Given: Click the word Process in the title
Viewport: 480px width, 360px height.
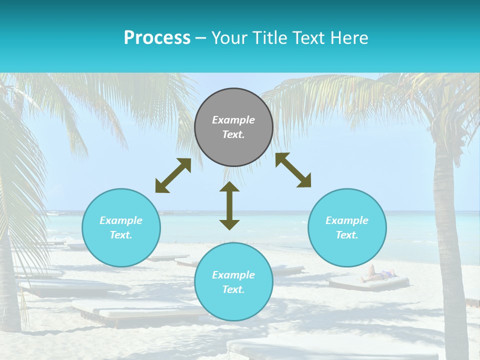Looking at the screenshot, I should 157,38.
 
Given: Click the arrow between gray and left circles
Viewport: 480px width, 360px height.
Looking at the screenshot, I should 173,175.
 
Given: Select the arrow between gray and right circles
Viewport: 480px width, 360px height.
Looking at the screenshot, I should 293,170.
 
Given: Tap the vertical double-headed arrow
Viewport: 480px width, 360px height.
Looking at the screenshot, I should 229,205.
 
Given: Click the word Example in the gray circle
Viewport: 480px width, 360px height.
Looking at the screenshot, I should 233,120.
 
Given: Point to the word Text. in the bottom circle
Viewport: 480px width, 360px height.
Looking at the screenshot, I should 233,289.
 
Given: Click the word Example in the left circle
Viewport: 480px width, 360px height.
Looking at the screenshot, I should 121,220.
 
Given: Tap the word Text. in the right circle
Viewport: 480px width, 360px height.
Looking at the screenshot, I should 347,235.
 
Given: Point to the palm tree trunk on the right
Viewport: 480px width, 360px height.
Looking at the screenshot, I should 447,225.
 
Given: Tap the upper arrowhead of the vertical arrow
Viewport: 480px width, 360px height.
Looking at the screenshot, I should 229,187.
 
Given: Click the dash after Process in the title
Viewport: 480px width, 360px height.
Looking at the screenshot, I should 201,38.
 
